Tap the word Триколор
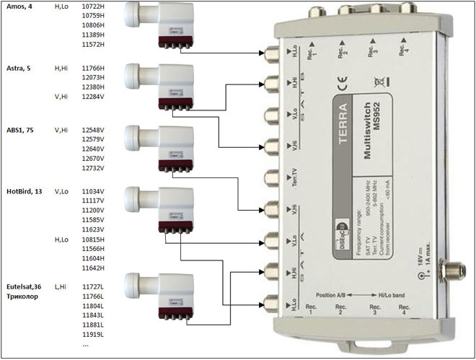pos(24,297)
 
